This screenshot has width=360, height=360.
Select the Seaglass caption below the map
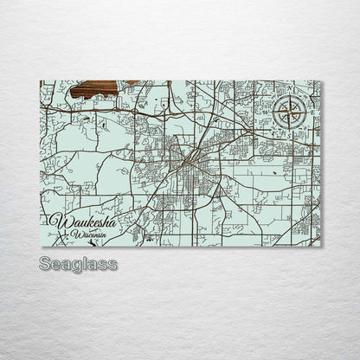coord(78,264)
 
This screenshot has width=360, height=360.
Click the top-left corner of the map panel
coord(41,80)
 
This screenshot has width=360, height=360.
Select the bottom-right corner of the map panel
coord(320,246)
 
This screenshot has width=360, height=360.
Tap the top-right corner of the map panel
coord(320,80)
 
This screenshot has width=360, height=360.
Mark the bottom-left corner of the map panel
coord(41,246)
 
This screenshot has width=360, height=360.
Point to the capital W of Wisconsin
coord(76,234)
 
